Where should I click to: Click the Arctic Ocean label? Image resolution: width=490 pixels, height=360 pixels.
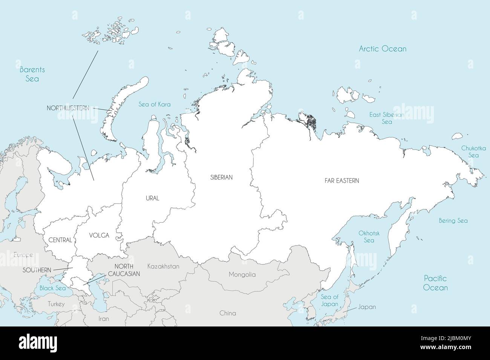coord(382,49)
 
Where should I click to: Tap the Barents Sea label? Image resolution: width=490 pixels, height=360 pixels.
coord(32,74)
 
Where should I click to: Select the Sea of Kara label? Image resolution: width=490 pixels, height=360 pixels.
coord(154,104)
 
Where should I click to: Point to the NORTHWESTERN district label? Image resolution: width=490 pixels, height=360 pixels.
coord(68,108)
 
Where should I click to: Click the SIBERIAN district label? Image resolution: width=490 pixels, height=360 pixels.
coord(222,177)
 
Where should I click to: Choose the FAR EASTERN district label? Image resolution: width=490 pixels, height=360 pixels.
coord(341,181)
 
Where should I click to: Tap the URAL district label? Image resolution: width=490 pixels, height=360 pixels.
coord(152,198)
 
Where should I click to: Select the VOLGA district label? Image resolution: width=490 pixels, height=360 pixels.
coord(99,236)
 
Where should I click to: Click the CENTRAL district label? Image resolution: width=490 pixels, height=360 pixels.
coord(60,240)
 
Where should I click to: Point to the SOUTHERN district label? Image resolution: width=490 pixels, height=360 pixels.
coord(37,270)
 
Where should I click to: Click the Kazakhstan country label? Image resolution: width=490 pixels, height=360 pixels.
coord(163,267)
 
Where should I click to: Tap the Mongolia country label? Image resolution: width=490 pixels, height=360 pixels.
coord(242,275)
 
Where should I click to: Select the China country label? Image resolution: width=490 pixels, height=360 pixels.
coord(228,313)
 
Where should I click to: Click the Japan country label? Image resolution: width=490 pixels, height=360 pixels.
coord(367,307)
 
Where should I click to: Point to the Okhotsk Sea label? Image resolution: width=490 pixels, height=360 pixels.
coord(369,237)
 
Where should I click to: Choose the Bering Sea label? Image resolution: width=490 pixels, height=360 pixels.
coord(453,221)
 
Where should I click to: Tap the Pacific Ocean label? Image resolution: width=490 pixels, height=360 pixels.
coord(435,283)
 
